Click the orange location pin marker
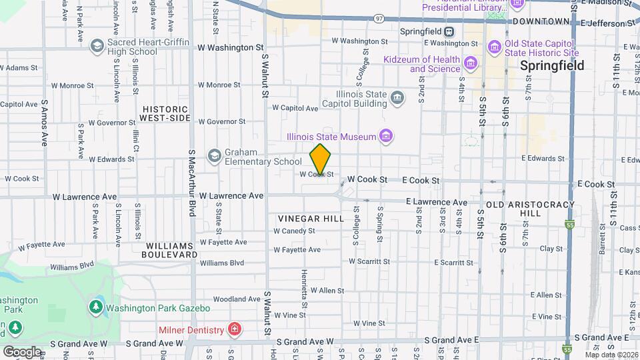[x=321, y=159]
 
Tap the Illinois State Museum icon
[x=385, y=137]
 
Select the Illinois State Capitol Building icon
[x=397, y=99]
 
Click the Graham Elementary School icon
[x=214, y=156]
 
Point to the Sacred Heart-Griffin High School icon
[x=97, y=46]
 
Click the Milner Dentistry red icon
[x=234, y=329]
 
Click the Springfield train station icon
[x=449, y=31]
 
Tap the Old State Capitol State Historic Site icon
[x=494, y=47]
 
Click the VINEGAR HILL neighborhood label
[x=311, y=219]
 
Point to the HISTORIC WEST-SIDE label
[x=165, y=113]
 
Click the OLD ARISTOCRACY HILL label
[x=522, y=208]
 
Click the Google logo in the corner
[x=23, y=351]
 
